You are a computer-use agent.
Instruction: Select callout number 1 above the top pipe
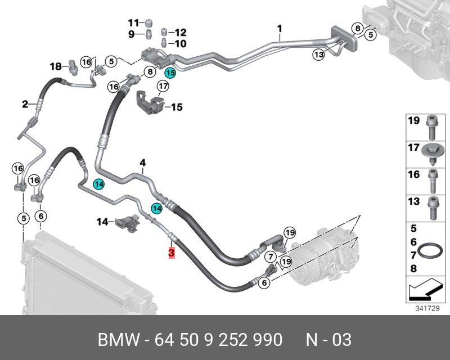pos(280,28)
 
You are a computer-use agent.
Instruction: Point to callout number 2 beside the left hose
pos(25,104)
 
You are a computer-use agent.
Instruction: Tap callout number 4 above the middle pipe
pos(143,163)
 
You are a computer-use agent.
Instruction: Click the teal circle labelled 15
pos(170,73)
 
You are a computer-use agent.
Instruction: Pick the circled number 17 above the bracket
pos(163,87)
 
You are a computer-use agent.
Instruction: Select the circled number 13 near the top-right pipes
pos(319,55)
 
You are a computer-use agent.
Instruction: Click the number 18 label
pos(56,66)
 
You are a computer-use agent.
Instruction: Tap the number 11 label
pos(133,23)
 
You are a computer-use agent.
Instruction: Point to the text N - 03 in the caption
pos(328,340)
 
